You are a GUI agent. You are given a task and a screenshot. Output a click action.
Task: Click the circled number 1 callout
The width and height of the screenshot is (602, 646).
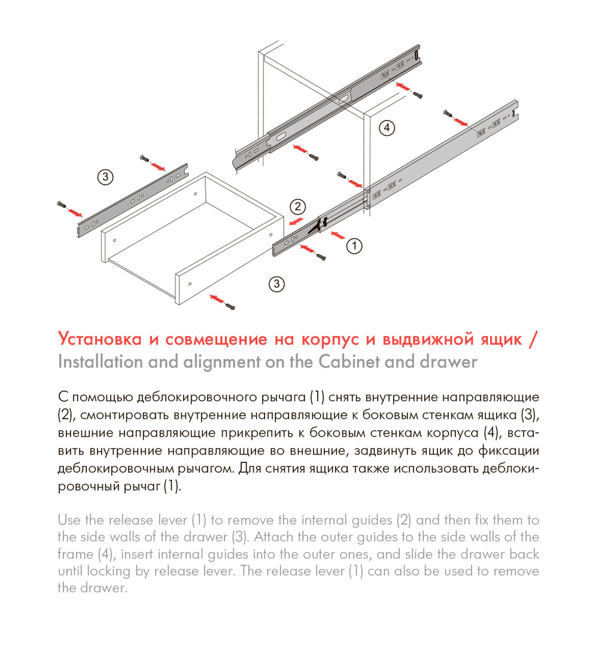354,245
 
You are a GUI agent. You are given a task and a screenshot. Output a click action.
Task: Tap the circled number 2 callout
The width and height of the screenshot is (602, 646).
297,207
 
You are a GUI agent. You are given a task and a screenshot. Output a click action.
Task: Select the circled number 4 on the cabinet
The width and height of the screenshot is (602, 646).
387,127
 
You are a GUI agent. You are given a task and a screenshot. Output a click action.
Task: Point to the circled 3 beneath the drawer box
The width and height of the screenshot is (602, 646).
276,284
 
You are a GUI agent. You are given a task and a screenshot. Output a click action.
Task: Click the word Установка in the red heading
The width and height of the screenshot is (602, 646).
100,340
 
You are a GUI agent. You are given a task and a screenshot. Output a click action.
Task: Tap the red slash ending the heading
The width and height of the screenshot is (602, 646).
534,340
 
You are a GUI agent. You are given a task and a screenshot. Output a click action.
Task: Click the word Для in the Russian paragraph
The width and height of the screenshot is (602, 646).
249,468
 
